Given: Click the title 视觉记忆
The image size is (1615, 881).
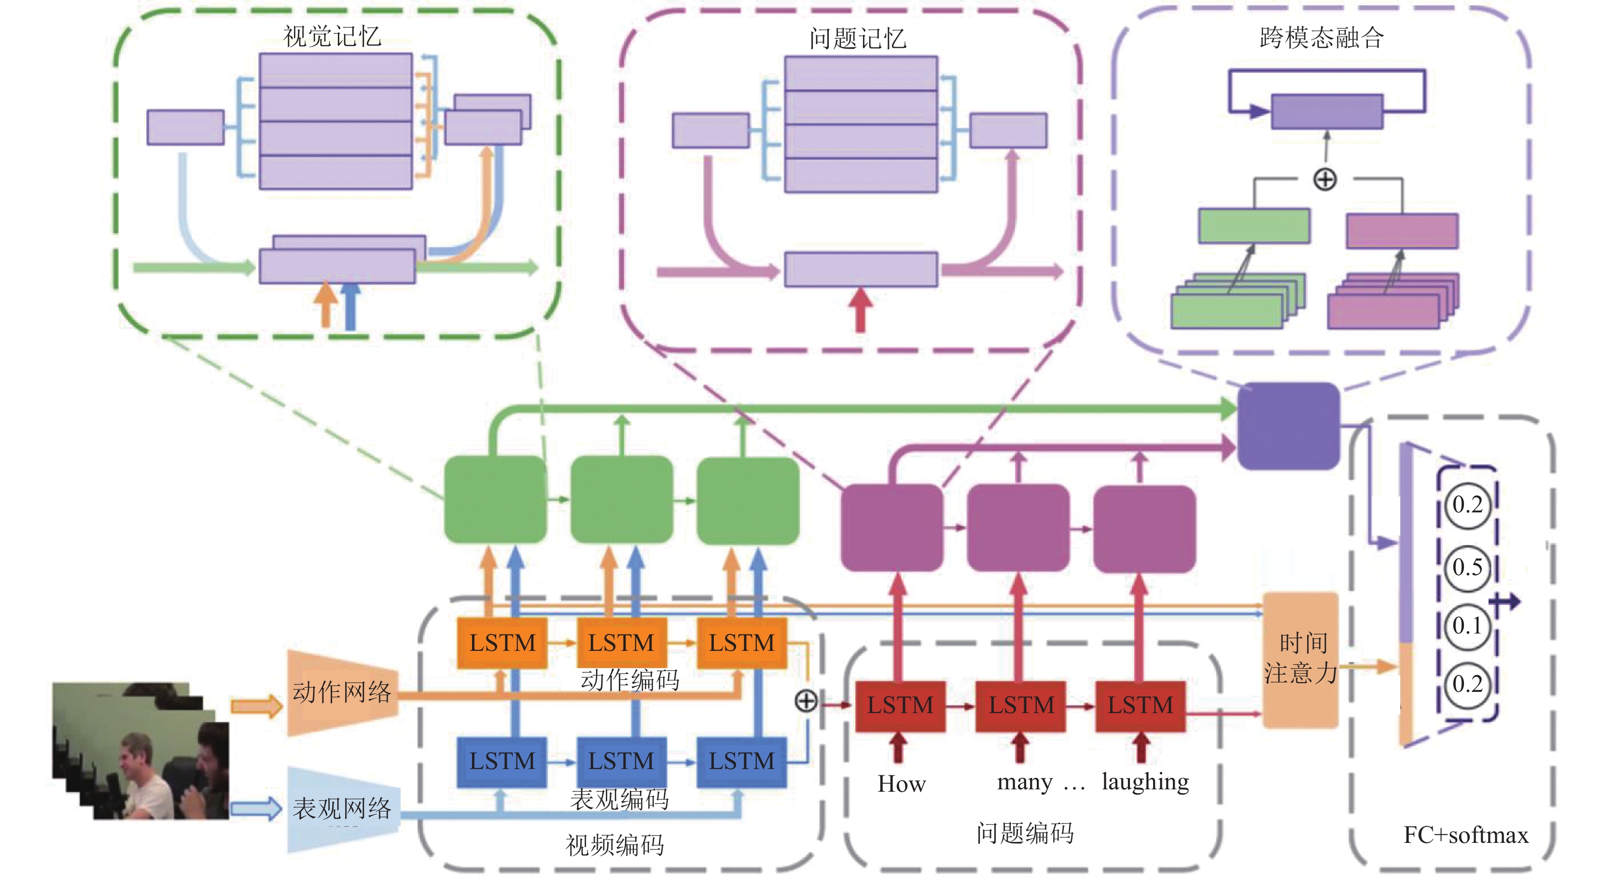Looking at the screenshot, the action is [332, 36].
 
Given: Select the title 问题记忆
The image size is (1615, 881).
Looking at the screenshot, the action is [858, 39].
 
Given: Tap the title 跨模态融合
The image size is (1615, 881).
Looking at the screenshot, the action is [1322, 38].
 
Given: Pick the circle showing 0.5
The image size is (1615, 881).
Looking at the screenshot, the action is [1467, 568].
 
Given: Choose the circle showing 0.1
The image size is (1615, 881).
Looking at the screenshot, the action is [1467, 626].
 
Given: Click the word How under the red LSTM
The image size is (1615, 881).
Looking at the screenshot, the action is [901, 784].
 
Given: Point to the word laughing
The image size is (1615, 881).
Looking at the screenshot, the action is [1145, 783].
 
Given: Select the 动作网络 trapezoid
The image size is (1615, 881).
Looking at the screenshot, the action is [342, 692].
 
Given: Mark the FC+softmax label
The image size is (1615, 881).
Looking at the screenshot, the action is [1466, 835].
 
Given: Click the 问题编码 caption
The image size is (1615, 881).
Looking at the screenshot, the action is [1025, 833].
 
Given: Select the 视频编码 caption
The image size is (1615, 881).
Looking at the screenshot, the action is [614, 845].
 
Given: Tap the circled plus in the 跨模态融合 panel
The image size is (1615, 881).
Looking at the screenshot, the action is [1325, 180].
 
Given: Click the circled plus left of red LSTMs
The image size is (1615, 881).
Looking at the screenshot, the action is [806, 701].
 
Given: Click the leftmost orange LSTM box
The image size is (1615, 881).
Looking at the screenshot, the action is [502, 643].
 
